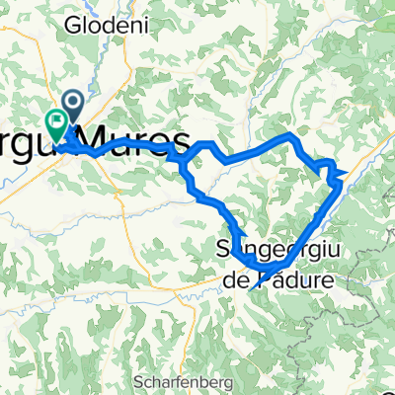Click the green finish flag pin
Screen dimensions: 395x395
pyautogui.click(x=57, y=126)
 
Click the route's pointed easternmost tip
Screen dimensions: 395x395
pyautogui.click(x=345, y=176)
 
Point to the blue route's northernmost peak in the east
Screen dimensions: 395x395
pyautogui.click(x=288, y=134)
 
